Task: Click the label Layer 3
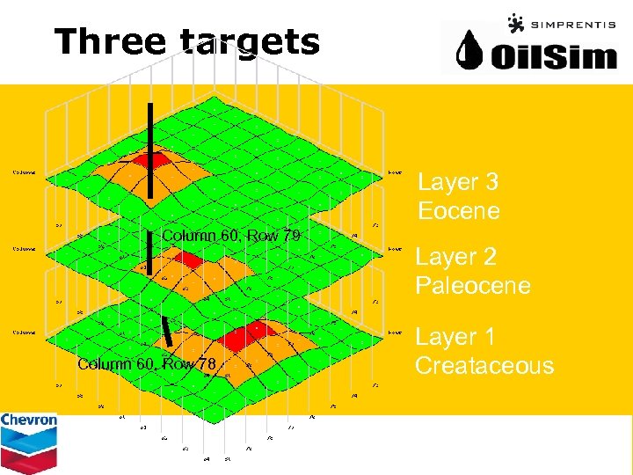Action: pos(458,182)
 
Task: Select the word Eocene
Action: pos(459,211)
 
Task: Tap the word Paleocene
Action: pos(473,286)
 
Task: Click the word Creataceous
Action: pos(484,365)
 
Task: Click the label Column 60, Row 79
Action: pos(231,236)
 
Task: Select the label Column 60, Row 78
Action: pos(147,364)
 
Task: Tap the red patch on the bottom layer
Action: pos(246,334)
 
